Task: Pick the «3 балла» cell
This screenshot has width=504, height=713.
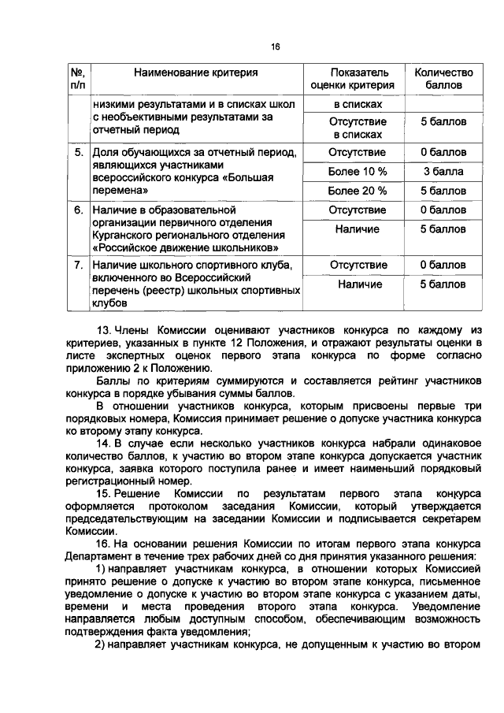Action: pos(443,171)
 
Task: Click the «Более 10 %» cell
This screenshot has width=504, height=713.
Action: pos(357,171)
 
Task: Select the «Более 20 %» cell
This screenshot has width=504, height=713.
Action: pos(357,191)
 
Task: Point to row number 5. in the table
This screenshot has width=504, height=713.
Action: pos(79,152)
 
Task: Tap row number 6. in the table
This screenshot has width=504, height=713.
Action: pos(79,211)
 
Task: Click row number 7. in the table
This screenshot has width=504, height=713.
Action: pos(79,265)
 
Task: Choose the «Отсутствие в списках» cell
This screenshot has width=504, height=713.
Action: pos(357,128)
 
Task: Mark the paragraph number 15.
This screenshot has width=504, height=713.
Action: pos(103,493)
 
